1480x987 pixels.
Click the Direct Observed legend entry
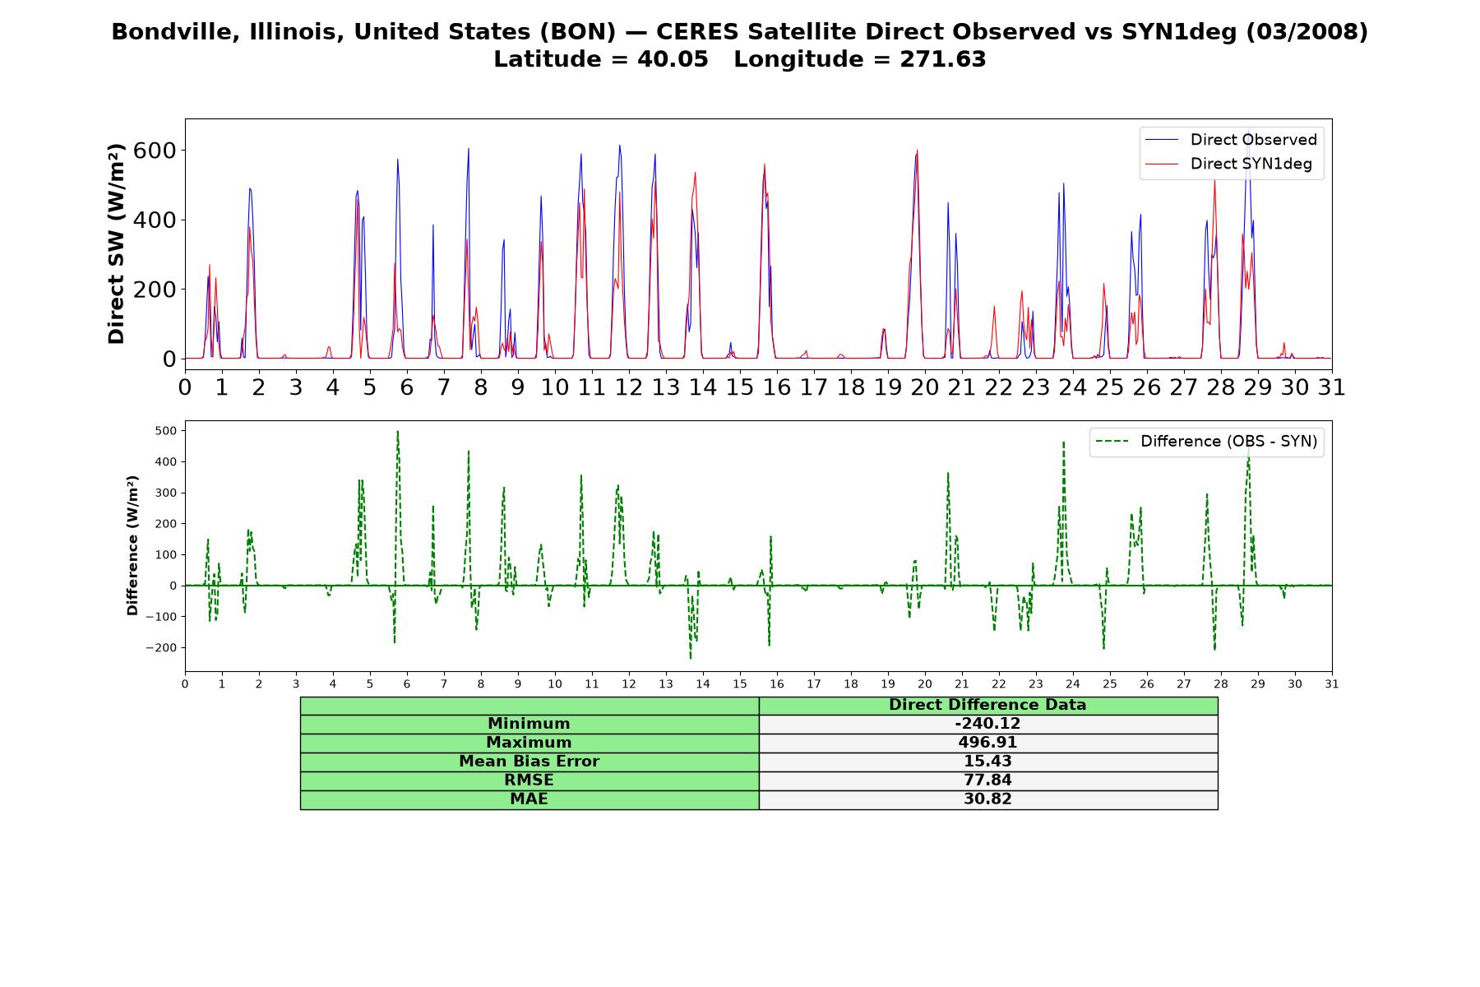[1232, 140]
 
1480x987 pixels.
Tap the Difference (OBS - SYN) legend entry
[1207, 442]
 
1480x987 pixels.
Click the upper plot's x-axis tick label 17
[814, 387]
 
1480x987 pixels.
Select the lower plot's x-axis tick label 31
[1332, 683]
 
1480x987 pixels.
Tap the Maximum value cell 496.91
[987, 743]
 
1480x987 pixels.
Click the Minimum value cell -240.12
[987, 724]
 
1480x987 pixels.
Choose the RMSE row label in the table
[529, 781]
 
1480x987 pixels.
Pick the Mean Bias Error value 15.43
[987, 762]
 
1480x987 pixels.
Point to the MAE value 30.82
[987, 799]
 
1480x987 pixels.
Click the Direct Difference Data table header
[987, 705]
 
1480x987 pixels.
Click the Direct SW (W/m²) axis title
[116, 243]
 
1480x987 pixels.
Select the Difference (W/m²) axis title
[132, 546]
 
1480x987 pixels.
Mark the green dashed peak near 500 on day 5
[398, 431]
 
